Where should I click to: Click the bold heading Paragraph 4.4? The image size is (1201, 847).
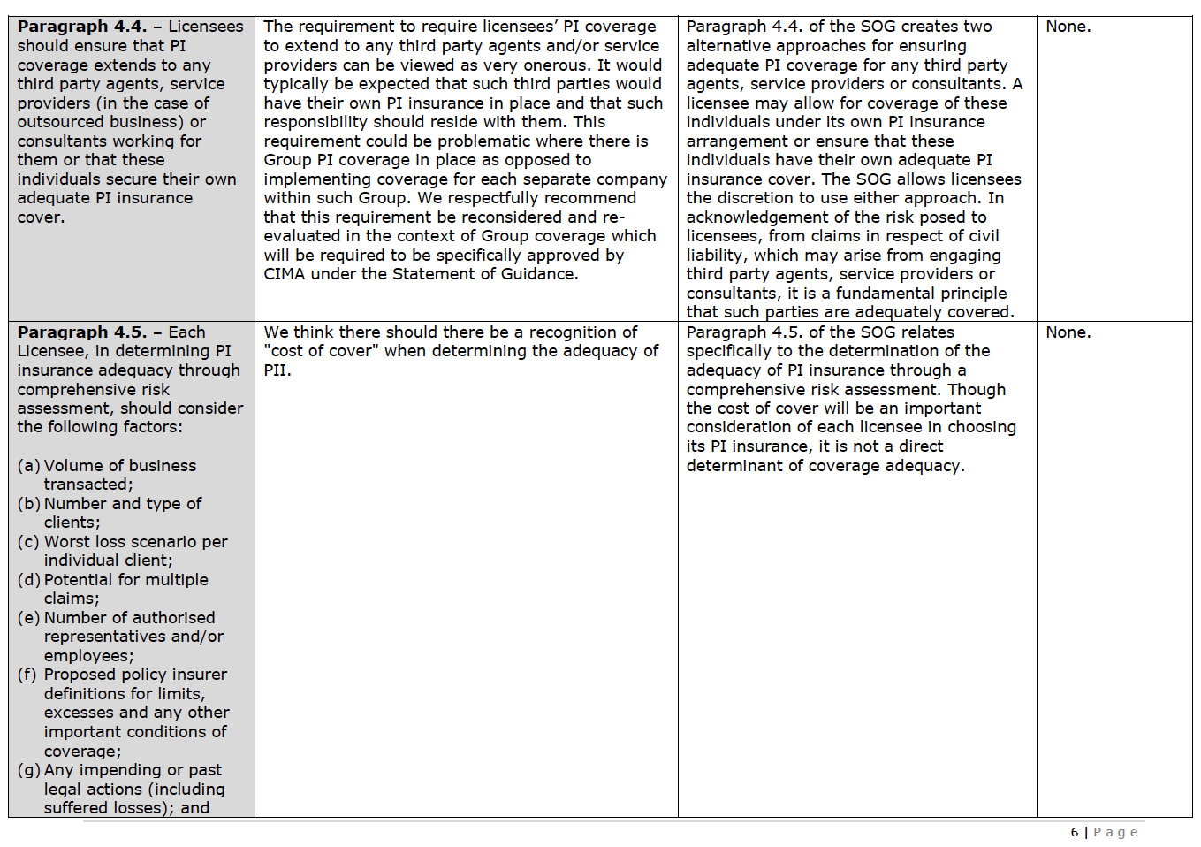point(81,27)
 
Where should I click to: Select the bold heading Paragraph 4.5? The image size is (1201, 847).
point(81,332)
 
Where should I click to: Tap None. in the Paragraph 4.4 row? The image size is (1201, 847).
point(1068,27)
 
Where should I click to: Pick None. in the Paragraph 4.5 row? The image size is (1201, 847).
point(1068,332)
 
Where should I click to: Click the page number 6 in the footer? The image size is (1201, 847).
point(1075,832)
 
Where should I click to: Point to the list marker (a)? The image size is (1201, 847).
point(28,466)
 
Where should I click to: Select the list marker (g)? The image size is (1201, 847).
point(28,770)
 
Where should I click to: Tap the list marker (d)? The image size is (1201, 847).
point(28,580)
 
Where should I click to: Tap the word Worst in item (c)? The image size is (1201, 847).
point(67,542)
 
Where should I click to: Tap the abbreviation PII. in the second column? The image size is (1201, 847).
point(277,370)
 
